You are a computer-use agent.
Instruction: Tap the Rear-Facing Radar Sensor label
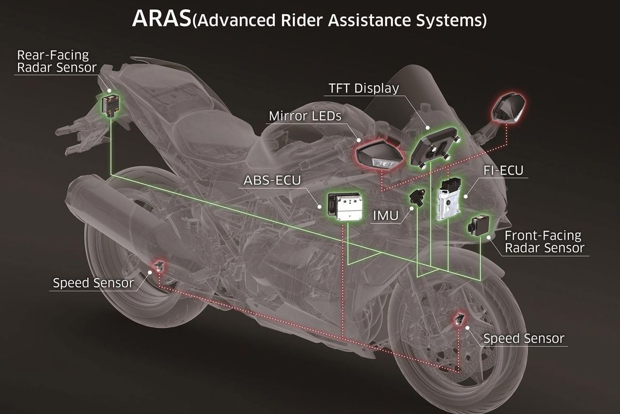(53, 62)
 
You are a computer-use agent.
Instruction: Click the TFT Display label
(364, 88)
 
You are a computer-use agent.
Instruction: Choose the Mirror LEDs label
(304, 116)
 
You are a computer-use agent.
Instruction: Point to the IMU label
(386, 215)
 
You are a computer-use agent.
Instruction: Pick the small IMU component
(416, 197)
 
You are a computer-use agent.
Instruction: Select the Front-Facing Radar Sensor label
(544, 241)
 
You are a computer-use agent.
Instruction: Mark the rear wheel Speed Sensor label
(93, 283)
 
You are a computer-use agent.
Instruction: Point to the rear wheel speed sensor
(159, 267)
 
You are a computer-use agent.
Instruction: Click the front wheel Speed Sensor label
(523, 339)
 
